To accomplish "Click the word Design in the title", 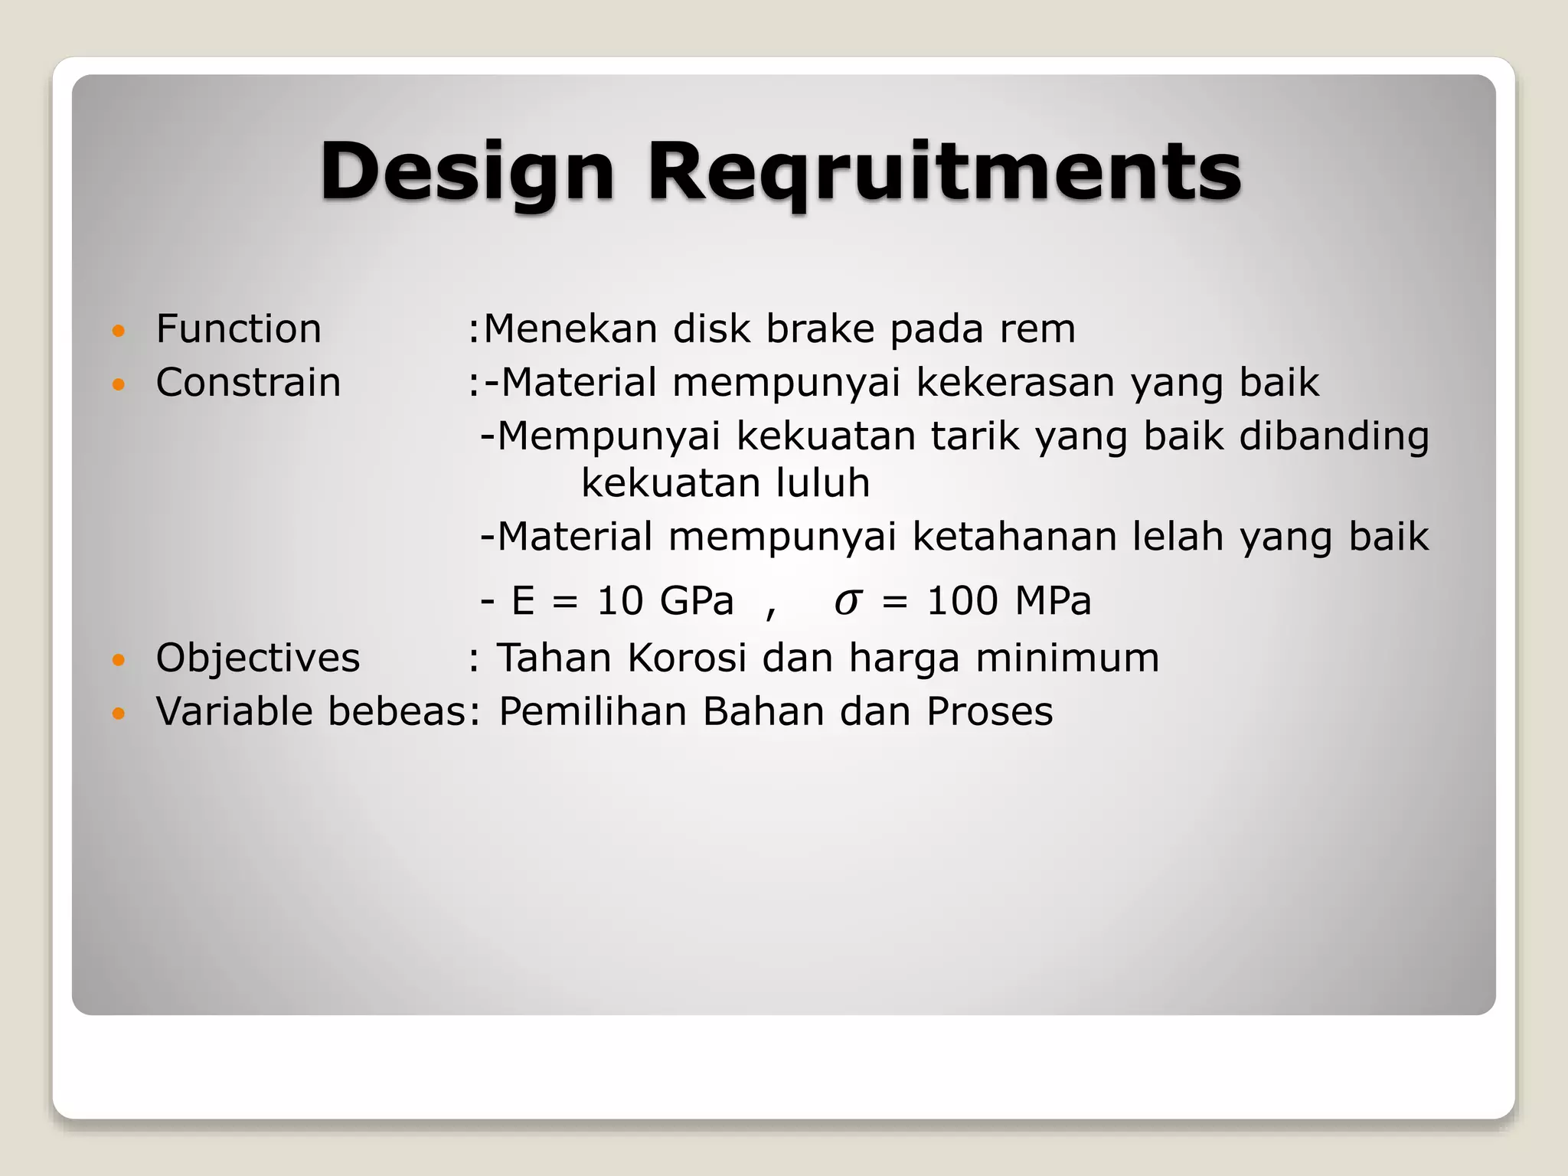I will pos(467,172).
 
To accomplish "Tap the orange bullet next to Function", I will pos(118,331).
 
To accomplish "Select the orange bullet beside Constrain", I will pos(118,384).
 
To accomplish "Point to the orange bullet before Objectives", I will pos(118,659).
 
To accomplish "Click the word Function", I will pos(238,329).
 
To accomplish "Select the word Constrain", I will pos(248,383).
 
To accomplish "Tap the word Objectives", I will pos(257,658).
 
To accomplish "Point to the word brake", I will pos(820,329).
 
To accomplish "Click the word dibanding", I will pos(1334,436).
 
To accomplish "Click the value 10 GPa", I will pos(665,601).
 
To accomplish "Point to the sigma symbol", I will pos(847,602).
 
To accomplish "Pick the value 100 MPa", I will pos(1008,601).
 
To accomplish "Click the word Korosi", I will pos(686,658).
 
